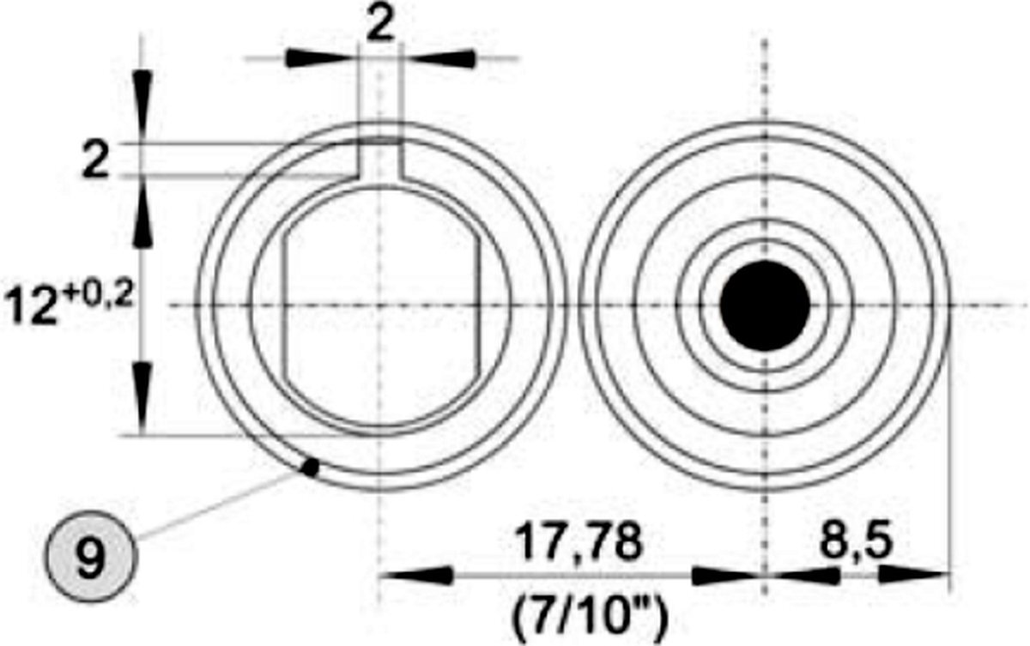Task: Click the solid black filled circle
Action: [x=765, y=306]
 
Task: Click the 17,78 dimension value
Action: [x=578, y=542]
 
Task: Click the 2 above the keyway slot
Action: [x=379, y=26]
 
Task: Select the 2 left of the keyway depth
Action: [x=95, y=161]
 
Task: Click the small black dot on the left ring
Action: [x=312, y=467]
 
